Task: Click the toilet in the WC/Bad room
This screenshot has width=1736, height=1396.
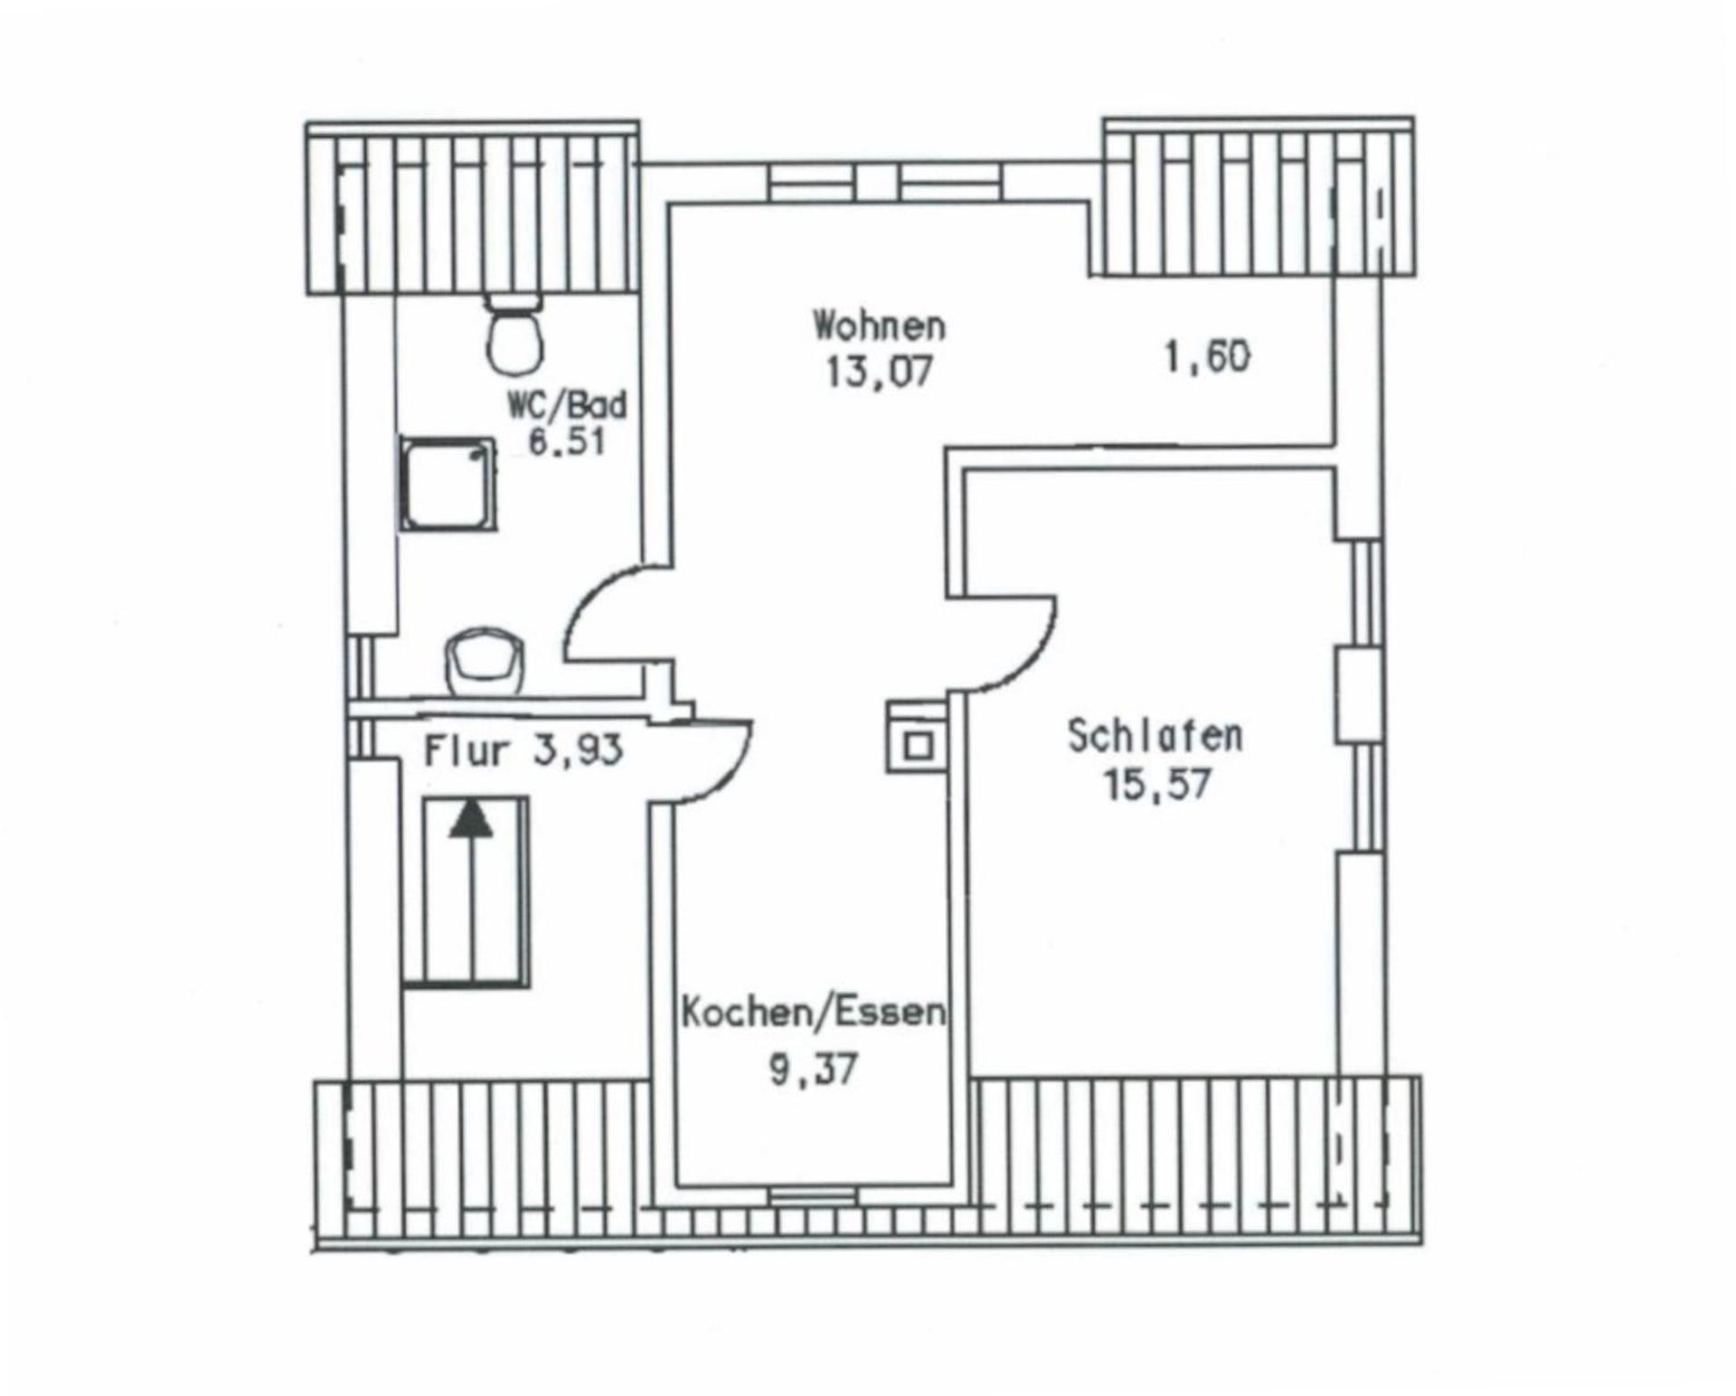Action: coord(514,338)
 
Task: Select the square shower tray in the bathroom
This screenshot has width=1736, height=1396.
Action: coord(448,485)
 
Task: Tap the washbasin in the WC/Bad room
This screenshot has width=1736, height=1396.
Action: coord(485,661)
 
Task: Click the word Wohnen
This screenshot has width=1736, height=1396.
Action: coord(879,325)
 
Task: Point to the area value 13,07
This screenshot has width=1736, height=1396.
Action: coord(878,371)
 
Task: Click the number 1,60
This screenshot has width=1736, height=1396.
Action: coord(1207,357)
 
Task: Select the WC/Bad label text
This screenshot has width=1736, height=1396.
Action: coord(567,405)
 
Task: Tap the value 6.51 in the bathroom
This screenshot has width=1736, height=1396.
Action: coord(566,443)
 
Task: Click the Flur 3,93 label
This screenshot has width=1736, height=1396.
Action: coord(524,750)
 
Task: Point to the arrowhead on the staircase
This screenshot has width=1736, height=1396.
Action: coord(472,819)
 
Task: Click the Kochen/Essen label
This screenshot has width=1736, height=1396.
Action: coord(813,1013)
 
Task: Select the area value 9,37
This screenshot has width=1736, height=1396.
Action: coord(812,1071)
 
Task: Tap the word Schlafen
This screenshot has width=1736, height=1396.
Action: coord(1155,736)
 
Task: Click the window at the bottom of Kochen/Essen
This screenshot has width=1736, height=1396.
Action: coord(813,1196)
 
